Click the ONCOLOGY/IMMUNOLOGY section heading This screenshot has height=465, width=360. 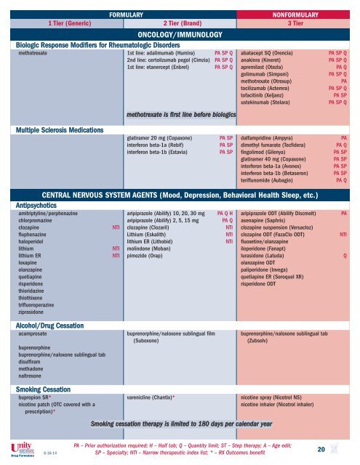(x=179, y=34)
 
